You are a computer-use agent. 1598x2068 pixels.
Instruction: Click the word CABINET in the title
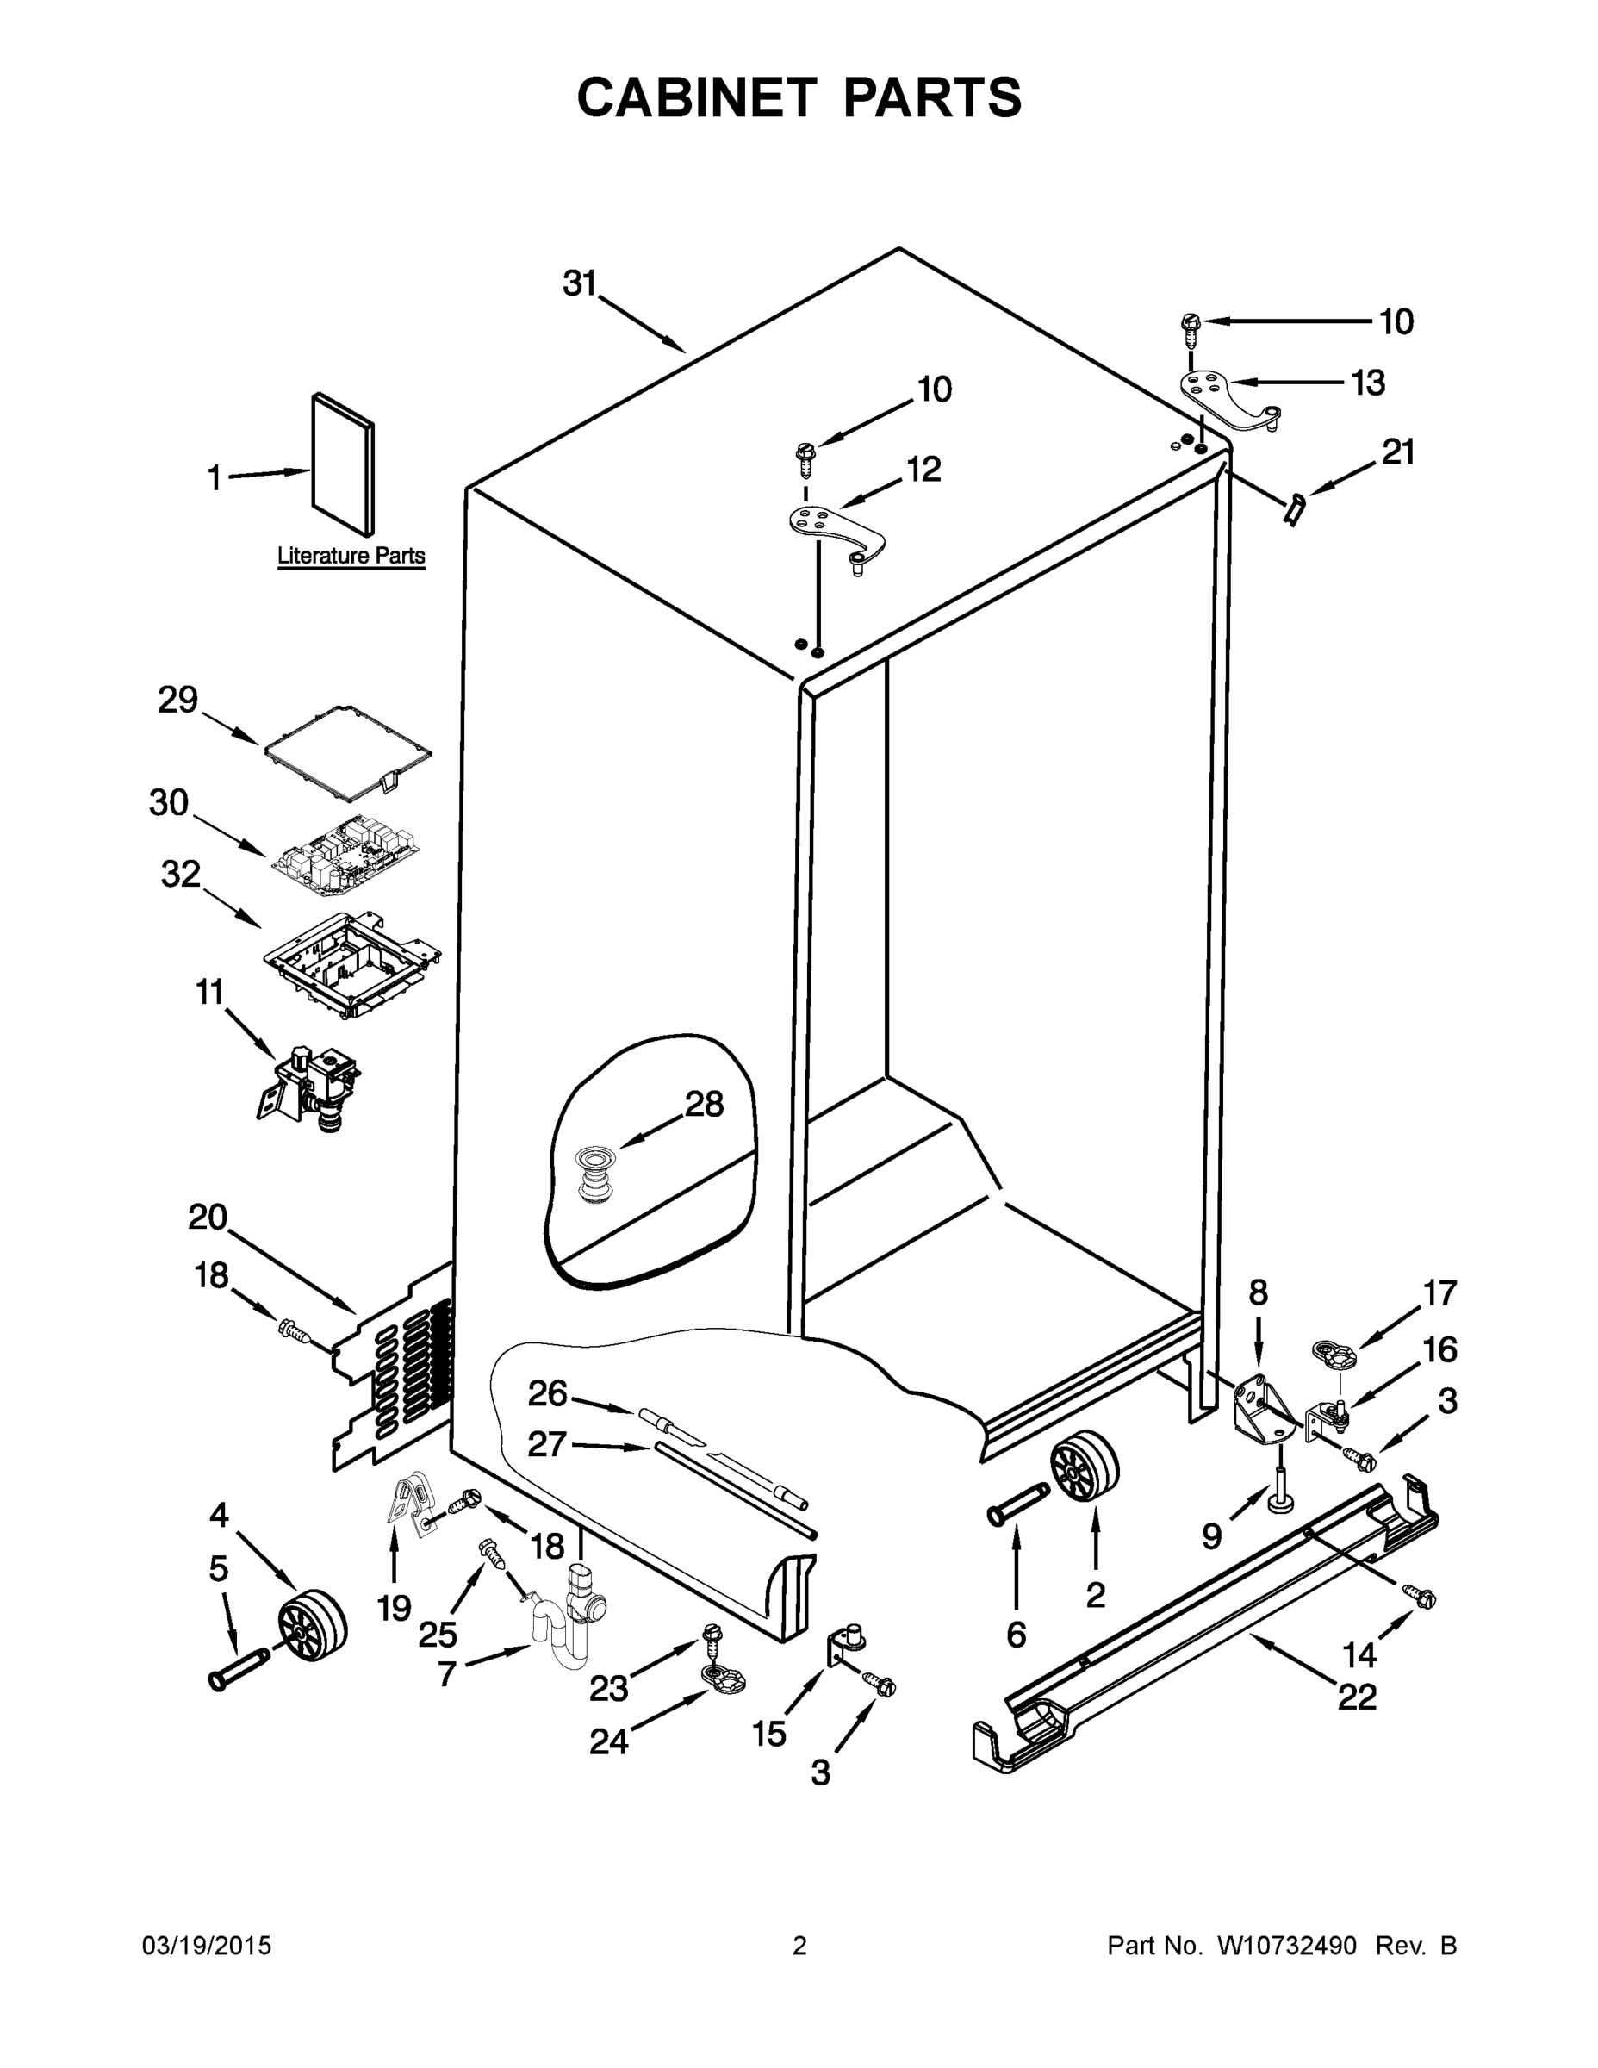696,97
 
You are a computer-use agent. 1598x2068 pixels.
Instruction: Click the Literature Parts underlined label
351,556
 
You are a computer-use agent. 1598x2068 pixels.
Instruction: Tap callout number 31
580,283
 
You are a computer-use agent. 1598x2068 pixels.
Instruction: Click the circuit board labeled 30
345,857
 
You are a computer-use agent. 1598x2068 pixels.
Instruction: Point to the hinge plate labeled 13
1228,399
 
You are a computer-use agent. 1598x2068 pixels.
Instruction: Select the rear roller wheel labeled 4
313,1625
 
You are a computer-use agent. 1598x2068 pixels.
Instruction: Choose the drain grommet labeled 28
594,1174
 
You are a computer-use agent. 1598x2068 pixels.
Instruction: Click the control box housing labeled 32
351,964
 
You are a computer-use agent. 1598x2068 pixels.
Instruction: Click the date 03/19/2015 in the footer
207,1946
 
